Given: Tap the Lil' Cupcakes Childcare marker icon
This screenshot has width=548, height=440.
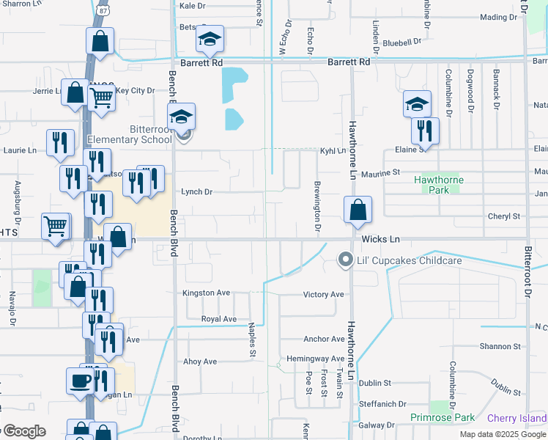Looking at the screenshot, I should point(345,260).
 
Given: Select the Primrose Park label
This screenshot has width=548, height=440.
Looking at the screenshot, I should point(443,417).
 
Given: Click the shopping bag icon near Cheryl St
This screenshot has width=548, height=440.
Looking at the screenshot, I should point(357,210).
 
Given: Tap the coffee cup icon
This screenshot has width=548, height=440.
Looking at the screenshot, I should point(81,381).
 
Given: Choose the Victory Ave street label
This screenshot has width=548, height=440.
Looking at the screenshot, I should point(324,295).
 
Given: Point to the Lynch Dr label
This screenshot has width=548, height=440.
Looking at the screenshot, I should point(196,192).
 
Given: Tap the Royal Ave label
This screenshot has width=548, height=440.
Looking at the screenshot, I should point(219,319).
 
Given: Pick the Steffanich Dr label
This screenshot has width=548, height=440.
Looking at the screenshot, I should point(382,404).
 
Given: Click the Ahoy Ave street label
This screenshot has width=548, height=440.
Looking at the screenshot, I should point(199,362).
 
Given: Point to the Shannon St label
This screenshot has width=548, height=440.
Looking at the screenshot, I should point(500,346).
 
